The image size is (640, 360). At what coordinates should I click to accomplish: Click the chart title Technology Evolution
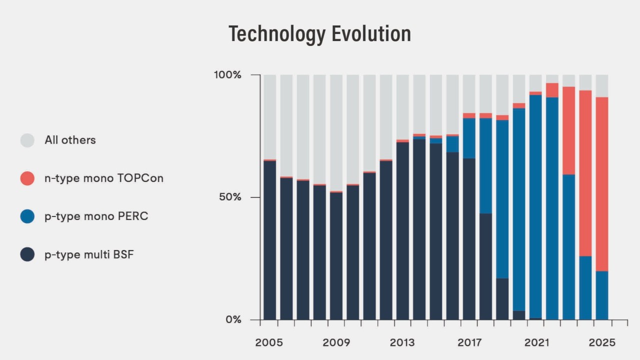320,34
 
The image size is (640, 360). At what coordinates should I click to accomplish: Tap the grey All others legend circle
28,140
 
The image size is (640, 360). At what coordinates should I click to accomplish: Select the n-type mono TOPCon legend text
104,178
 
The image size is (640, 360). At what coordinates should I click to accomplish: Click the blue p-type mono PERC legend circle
28,216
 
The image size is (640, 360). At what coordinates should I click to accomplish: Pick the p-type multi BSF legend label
89,254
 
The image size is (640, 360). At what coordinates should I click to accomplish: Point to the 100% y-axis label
228,75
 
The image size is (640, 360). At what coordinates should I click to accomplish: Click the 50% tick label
231,197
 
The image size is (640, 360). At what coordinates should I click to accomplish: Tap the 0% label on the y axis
233,319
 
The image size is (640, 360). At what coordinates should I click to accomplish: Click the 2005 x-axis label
269,343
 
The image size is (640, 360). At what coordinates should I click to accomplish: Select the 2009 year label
336,343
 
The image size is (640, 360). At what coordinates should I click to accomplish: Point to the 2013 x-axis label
402,343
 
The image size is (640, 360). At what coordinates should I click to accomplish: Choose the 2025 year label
602,343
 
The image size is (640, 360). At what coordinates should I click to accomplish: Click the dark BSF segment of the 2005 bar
269,240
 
